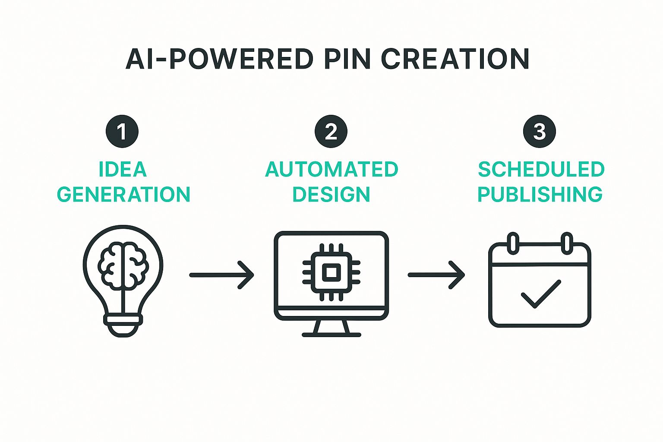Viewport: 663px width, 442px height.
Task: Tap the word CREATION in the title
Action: [455, 59]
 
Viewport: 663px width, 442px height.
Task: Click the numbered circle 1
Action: [122, 131]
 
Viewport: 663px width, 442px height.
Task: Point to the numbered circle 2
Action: [331, 131]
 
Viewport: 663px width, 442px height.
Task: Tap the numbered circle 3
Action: [540, 131]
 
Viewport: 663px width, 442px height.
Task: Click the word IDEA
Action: [123, 169]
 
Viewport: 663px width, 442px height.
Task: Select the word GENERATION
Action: [124, 195]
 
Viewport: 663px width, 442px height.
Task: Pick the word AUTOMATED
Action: [331, 169]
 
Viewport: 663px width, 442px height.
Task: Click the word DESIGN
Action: [331, 195]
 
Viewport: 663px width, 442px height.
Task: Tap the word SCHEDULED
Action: [541, 169]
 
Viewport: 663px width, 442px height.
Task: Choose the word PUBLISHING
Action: [540, 195]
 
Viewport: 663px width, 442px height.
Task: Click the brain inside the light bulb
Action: [123, 265]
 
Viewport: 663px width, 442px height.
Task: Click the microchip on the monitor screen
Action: [331, 272]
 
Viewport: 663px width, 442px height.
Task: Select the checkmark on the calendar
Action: [541, 294]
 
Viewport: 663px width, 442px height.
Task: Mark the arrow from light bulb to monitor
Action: [222, 275]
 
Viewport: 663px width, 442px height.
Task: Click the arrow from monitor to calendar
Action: [436, 275]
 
